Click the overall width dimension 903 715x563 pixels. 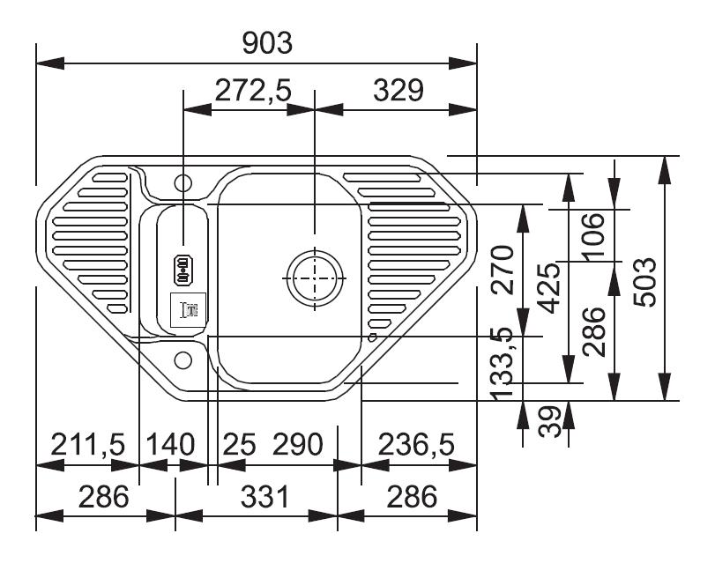(267, 43)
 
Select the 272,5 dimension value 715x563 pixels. (253, 90)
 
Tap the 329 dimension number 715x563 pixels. (398, 90)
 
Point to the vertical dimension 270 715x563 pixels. (503, 270)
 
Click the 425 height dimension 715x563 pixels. (548, 287)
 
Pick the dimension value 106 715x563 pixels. (593, 237)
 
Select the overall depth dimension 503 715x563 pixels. (644, 282)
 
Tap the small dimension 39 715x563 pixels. (549, 422)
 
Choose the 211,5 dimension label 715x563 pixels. (87, 444)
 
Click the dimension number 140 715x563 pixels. (169, 444)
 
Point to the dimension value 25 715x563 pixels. (239, 444)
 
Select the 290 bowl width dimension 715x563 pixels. (297, 444)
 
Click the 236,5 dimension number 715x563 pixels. (416, 444)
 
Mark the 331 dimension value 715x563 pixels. (265, 496)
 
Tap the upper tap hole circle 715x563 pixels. (183, 182)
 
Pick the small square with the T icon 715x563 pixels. (189, 310)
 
